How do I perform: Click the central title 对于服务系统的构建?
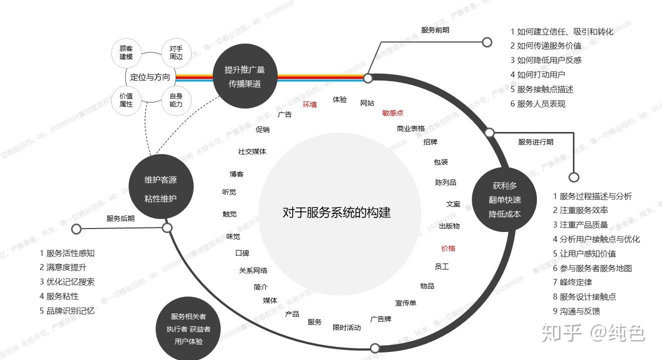point(336,212)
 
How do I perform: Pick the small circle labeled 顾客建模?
point(126,52)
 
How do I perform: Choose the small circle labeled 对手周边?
point(176,52)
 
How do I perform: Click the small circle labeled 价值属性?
point(126,99)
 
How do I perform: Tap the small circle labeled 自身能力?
point(176,99)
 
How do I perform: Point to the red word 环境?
point(310,104)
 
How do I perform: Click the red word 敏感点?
point(393,113)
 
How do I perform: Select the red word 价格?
point(448,248)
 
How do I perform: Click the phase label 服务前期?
point(435,30)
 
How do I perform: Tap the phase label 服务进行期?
point(535,142)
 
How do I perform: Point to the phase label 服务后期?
point(120,218)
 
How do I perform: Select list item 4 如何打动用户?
point(537,74)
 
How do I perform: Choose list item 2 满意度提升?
point(63,267)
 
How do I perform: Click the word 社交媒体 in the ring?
point(252,151)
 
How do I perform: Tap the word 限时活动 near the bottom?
point(346,327)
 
